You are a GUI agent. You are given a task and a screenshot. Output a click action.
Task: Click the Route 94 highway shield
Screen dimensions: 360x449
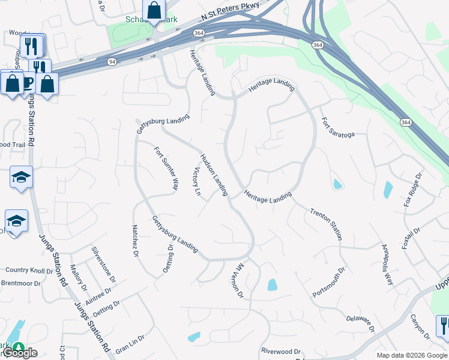click(x=112, y=62)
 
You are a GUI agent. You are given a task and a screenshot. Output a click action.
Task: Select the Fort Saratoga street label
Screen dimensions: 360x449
click(x=338, y=127)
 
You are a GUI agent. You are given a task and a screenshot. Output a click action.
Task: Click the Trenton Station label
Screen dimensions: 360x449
click(x=327, y=223)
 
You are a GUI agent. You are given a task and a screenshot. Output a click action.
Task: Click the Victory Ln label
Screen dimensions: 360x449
click(x=195, y=181)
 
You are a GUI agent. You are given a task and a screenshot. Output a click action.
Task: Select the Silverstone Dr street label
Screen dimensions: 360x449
click(x=103, y=264)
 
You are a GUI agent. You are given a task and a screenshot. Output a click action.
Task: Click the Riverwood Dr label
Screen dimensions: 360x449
click(x=280, y=350)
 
